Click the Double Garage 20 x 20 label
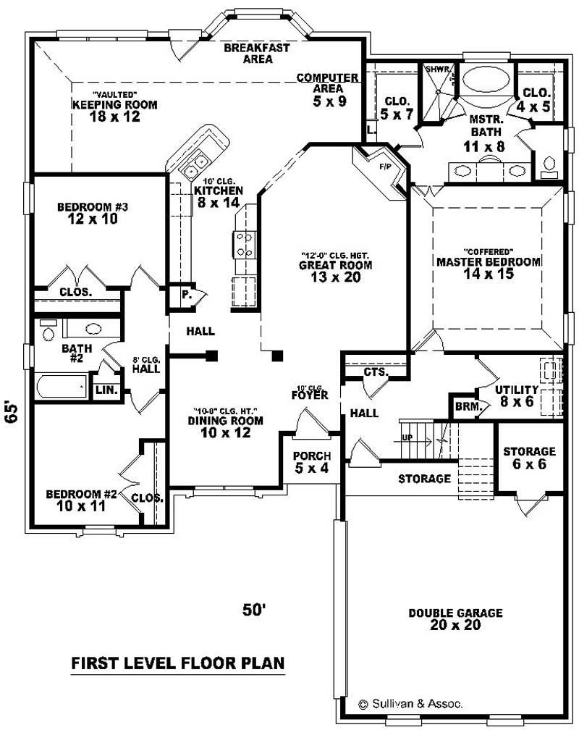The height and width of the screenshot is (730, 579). coord(455,619)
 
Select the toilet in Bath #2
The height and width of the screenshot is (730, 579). coord(48,331)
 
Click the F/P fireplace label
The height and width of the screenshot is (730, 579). coord(384,167)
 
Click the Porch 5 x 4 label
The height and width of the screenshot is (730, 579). coord(312,462)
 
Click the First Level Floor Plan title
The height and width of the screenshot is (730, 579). coord(177,663)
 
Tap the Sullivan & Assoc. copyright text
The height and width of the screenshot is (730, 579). coord(411,703)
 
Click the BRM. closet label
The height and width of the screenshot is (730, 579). coord(468,407)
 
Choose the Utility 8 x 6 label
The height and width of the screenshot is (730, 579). coord(517,395)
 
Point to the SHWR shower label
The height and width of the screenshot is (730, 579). coord(438,70)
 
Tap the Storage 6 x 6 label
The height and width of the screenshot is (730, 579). coord(530,458)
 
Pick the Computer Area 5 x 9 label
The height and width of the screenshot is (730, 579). coord(328,89)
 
